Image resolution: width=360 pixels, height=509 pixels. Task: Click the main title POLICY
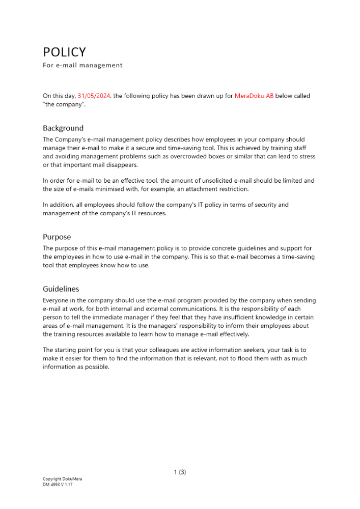point(64,52)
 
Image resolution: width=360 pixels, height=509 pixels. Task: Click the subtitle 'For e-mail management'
point(82,65)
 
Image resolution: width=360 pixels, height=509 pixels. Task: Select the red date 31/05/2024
point(94,96)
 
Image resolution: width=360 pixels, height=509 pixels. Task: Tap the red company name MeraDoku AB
point(254,96)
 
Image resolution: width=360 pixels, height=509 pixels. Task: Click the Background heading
point(63,128)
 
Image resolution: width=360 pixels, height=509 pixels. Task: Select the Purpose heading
point(57,237)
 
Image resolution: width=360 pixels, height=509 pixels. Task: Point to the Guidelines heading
point(61,289)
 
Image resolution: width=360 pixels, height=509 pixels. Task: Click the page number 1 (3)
point(180,472)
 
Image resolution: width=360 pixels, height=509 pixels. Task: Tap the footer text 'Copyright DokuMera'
point(62,479)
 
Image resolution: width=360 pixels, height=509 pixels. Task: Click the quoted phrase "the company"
point(64,104)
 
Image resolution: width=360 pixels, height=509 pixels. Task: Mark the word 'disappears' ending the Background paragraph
point(122,165)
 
